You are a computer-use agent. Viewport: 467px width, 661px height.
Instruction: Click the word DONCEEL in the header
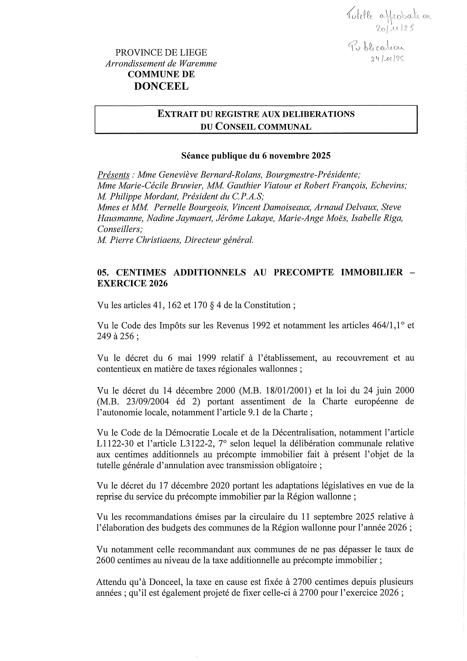tap(161, 86)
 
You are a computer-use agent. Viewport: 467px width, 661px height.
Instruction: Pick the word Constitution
tap(267, 305)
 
